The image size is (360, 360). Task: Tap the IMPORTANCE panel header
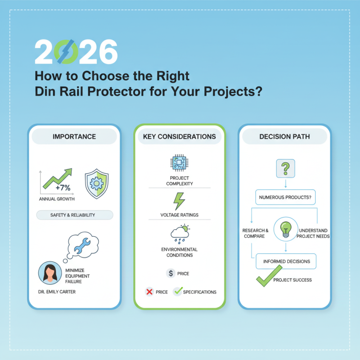74,136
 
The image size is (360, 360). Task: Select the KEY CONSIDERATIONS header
179,136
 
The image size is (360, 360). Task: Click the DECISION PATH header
285,136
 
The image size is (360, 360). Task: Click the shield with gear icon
95,184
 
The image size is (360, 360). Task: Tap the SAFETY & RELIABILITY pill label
74,215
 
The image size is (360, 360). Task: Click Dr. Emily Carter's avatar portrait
49,273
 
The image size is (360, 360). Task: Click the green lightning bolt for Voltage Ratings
179,201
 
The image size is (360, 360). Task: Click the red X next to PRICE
150,292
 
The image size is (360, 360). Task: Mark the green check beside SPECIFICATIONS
178,291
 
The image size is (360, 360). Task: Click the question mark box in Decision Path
285,169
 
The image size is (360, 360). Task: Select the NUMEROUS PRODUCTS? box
285,197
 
